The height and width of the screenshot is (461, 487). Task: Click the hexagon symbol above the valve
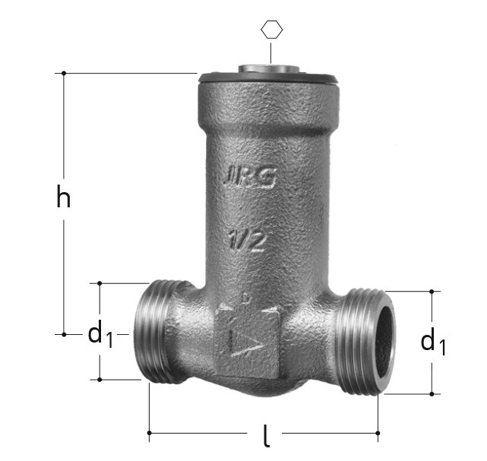[x=272, y=30]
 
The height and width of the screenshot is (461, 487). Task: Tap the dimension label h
[x=64, y=196]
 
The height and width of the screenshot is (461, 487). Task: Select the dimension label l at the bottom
[x=266, y=435]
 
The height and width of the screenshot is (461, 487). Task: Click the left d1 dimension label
[x=100, y=334]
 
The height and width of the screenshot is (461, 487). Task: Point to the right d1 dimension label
[x=433, y=343]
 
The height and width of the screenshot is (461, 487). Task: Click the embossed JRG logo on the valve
[x=250, y=178]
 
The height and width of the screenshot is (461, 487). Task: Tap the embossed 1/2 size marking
[x=248, y=241]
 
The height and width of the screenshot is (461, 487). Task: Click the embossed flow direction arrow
[x=248, y=340]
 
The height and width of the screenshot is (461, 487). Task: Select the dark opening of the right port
[x=384, y=343]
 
